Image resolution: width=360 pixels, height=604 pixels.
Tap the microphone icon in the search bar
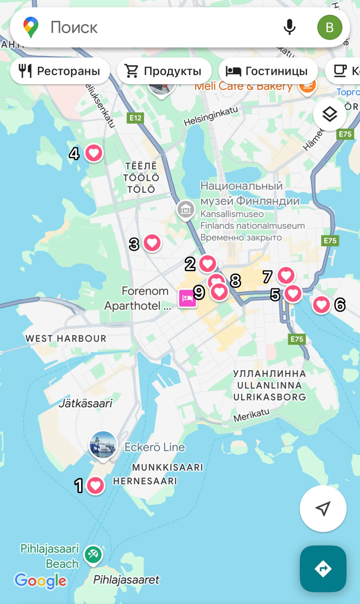coord(290,27)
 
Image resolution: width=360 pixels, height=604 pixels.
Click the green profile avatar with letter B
coord(330,27)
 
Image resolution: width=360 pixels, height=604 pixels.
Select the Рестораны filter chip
coord(60,71)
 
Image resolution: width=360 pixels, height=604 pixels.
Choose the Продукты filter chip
coord(164,71)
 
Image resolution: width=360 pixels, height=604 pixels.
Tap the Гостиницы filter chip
coord(267,71)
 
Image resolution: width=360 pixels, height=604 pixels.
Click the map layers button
coord(329,115)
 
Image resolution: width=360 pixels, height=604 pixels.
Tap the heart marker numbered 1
coord(95,485)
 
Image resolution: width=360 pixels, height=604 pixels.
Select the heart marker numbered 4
coord(94,153)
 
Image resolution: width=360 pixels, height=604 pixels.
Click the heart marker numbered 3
coord(152,243)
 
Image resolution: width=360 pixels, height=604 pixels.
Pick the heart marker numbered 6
coord(321,304)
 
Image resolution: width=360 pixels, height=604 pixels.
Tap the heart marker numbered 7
coord(286,275)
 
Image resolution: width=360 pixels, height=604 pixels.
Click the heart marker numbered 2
coord(207,263)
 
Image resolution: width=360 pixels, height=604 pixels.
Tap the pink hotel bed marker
coord(187,298)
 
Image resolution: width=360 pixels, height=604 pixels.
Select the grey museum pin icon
coord(185,209)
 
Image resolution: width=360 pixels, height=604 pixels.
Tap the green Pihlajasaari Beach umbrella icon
coord(93,555)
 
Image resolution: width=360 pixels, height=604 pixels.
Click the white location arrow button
coord(323,508)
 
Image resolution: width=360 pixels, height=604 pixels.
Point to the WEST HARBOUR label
coord(66,338)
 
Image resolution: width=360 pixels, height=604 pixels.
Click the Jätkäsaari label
coord(85,403)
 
